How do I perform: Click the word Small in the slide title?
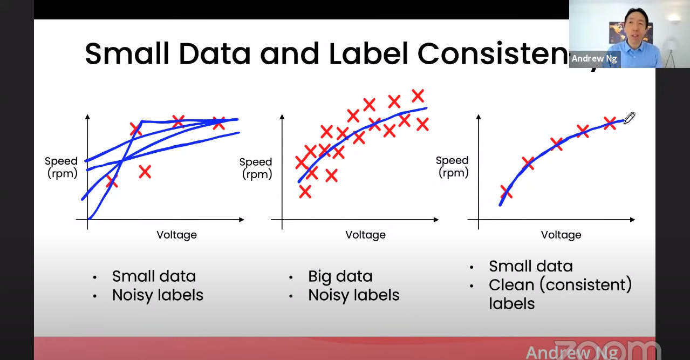(x=127, y=54)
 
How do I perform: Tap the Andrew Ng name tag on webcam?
(x=594, y=59)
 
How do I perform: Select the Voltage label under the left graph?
(x=176, y=235)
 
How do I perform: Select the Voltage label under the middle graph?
(x=365, y=235)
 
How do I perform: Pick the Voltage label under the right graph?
(x=561, y=235)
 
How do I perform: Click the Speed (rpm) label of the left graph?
(x=61, y=167)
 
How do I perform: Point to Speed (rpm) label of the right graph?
(x=452, y=166)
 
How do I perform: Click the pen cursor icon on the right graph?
(x=630, y=118)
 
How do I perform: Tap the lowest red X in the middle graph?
(x=305, y=191)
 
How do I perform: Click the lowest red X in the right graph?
(x=506, y=192)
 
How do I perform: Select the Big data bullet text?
(x=340, y=276)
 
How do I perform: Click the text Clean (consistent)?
(x=559, y=284)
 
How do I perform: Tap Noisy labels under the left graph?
(x=158, y=295)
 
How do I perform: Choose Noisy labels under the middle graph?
(x=353, y=295)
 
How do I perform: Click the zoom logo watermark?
(x=607, y=350)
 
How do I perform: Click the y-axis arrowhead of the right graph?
(x=479, y=117)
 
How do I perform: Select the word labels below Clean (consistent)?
(x=511, y=303)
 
